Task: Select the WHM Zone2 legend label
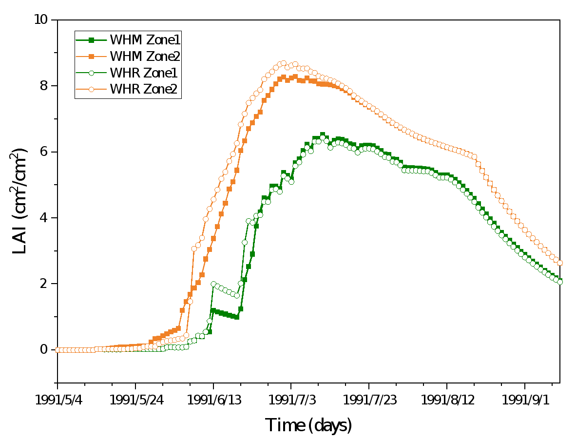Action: [145, 57]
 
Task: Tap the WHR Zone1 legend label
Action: [143, 73]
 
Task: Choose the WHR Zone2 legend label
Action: [143, 90]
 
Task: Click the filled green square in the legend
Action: [91, 40]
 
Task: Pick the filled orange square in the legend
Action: [91, 57]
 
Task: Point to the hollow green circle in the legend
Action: [91, 73]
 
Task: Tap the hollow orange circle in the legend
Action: [91, 90]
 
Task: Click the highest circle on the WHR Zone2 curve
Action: [284, 63]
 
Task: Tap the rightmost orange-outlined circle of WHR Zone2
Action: [560, 263]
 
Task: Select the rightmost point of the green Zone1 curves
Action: [560, 282]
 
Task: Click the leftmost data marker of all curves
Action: [58, 350]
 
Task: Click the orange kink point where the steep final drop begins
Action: [474, 157]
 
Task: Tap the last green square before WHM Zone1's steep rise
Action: [237, 317]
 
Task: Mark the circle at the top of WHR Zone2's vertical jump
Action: [194, 249]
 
